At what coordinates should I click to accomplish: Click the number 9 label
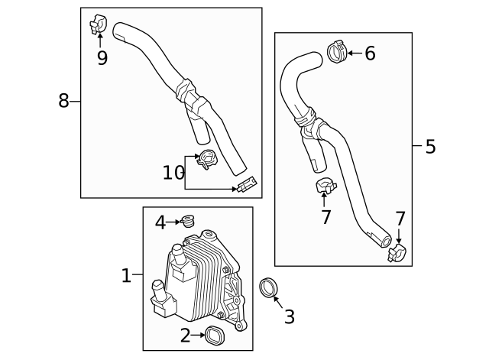pyautogui.click(x=102, y=57)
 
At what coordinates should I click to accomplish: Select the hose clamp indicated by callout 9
pyautogui.click(x=98, y=25)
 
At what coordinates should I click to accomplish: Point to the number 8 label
pyautogui.click(x=63, y=100)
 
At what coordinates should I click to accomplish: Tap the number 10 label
pyautogui.click(x=173, y=173)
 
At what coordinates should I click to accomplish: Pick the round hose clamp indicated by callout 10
pyautogui.click(x=206, y=159)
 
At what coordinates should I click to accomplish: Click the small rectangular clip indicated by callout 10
pyautogui.click(x=247, y=184)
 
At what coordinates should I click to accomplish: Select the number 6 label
pyautogui.click(x=370, y=53)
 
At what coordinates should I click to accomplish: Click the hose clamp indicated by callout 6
pyautogui.click(x=335, y=51)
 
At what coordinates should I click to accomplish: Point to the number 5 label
pyautogui.click(x=430, y=146)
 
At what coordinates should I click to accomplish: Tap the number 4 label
pyautogui.click(x=160, y=222)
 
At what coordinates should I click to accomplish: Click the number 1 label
pyautogui.click(x=127, y=274)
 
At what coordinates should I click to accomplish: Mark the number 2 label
pyautogui.click(x=185, y=334)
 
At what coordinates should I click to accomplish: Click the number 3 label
pyautogui.click(x=289, y=316)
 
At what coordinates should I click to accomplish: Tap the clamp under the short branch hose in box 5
pyautogui.click(x=324, y=186)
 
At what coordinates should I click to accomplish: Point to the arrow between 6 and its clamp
pyautogui.click(x=354, y=53)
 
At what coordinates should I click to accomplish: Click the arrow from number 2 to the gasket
pyautogui.click(x=198, y=334)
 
